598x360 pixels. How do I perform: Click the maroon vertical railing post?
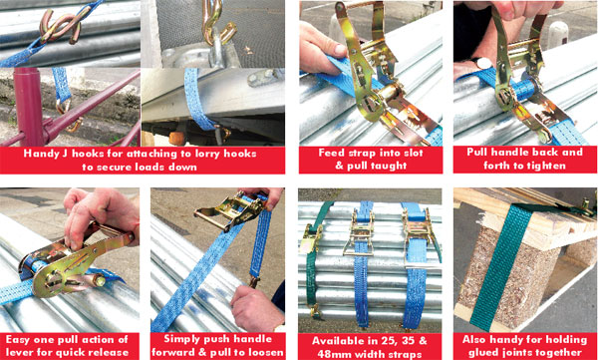click(x=29, y=107)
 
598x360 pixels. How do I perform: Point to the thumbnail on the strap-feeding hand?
click(x=340, y=50)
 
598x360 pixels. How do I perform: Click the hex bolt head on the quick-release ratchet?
click(x=99, y=282)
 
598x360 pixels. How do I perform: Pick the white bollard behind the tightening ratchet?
click(x=557, y=34)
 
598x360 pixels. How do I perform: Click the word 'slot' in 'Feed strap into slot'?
click(x=411, y=154)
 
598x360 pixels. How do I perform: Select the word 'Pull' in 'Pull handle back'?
click(x=478, y=152)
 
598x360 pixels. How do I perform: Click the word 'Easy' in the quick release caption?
click(x=18, y=340)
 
